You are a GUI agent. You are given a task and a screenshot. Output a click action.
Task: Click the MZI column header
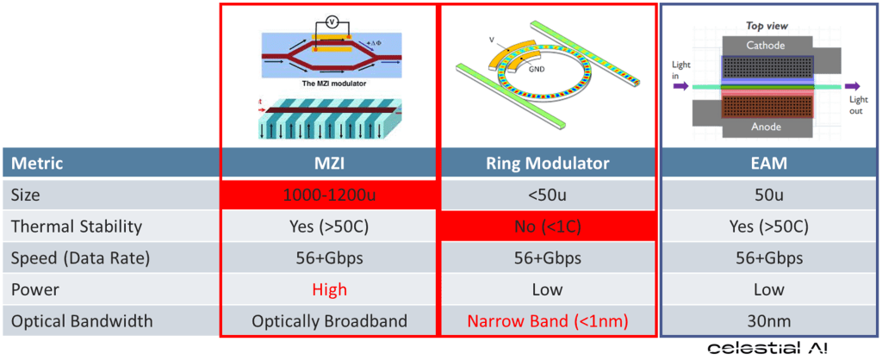point(329,164)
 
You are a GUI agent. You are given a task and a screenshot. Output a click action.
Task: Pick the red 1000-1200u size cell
point(329,196)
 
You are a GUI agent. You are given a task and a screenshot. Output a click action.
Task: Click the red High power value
point(329,289)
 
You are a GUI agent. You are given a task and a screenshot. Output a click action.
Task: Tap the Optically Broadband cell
point(329,321)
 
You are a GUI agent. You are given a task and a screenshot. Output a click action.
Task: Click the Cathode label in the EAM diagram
point(766,45)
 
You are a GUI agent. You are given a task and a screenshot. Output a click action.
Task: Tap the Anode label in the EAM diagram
point(766,127)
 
